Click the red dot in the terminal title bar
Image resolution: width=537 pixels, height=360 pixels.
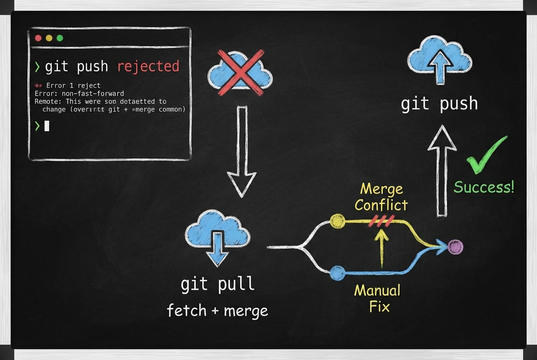(38, 38)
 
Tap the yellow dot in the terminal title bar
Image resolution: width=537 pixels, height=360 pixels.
(49, 38)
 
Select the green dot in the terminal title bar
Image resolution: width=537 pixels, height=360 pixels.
(60, 38)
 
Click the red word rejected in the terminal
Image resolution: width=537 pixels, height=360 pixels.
(148, 67)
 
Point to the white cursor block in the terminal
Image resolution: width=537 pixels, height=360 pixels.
(47, 126)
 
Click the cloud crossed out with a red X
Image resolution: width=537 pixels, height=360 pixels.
(240, 73)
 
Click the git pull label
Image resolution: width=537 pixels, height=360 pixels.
(218, 284)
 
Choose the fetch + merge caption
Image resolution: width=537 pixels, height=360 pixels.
(218, 310)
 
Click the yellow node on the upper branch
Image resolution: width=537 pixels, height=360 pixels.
(338, 221)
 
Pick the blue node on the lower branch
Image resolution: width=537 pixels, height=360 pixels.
(337, 272)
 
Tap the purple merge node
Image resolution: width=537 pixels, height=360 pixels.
(455, 247)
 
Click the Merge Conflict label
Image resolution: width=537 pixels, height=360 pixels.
(381, 197)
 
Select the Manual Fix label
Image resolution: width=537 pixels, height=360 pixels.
(377, 298)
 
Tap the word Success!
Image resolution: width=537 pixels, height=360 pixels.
(484, 187)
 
